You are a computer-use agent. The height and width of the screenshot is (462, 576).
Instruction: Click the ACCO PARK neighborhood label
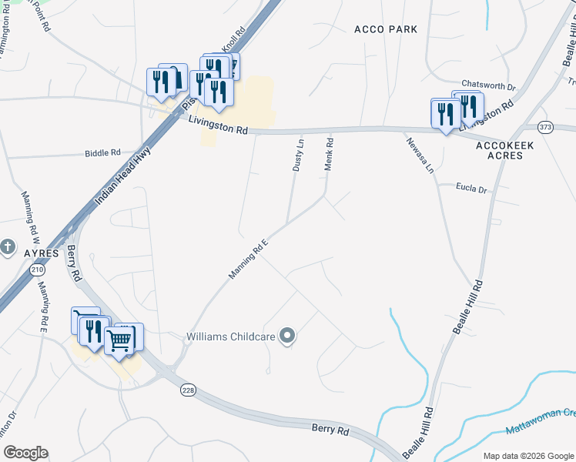coord(386,29)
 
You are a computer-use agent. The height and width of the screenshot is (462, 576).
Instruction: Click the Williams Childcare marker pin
coord(287,336)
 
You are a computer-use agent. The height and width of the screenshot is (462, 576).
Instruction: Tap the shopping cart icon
coord(120,339)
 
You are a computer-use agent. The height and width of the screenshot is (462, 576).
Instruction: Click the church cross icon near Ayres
coord(8,247)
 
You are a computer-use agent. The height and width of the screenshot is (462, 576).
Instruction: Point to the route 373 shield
coord(545,127)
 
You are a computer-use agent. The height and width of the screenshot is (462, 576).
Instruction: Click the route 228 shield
coord(188,390)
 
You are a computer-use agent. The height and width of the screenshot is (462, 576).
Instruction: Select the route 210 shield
coord(38,270)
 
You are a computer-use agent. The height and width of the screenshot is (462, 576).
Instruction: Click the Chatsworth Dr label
coord(487,85)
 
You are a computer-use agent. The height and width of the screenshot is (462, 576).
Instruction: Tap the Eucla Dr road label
coord(472,189)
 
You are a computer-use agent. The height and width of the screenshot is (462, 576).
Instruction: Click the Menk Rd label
coord(329,154)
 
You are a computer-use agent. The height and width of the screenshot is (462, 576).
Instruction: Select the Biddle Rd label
coord(103,153)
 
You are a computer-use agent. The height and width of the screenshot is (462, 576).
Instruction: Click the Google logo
coord(25,453)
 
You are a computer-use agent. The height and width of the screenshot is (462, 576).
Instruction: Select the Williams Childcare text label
coord(230,336)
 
